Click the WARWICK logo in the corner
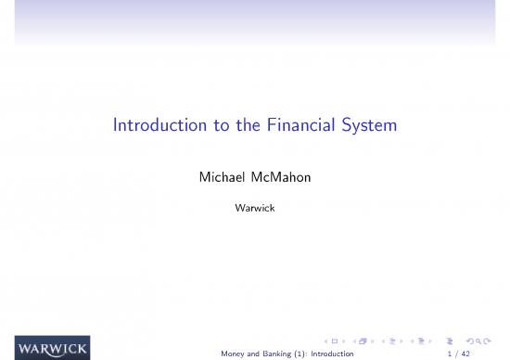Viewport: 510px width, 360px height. tap(52, 350)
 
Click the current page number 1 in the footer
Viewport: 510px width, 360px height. tap(450, 354)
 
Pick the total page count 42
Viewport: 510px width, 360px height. tap(466, 354)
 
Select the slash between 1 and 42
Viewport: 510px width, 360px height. tap(457, 354)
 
